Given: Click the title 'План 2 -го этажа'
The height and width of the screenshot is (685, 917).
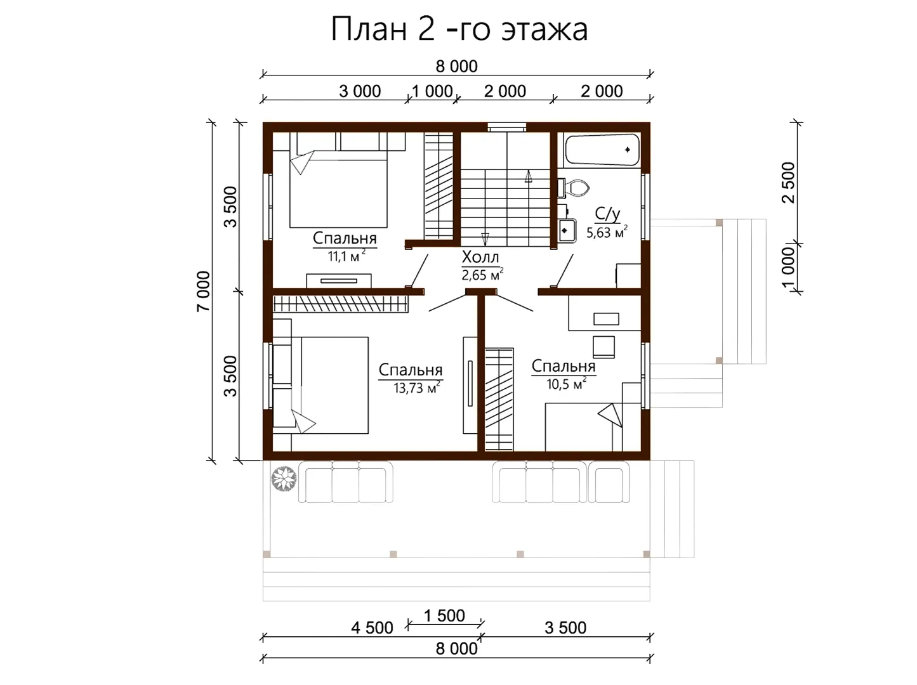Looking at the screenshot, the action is click(x=459, y=30).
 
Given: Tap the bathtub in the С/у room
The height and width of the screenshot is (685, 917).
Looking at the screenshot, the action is click(x=602, y=150).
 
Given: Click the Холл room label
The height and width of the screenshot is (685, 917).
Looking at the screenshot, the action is click(x=480, y=257).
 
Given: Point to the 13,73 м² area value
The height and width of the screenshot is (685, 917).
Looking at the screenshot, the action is click(x=416, y=388).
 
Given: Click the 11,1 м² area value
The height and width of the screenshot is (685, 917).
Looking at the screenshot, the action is click(x=346, y=256).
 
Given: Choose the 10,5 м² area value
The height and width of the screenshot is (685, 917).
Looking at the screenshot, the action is click(x=566, y=384).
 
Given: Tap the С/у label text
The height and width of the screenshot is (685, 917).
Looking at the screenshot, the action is click(x=607, y=214).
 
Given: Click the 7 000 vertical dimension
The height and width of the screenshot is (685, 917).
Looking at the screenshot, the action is click(x=204, y=291).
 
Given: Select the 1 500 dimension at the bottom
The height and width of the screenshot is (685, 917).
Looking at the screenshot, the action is click(x=444, y=616).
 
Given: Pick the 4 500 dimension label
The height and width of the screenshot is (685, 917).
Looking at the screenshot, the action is click(x=372, y=628).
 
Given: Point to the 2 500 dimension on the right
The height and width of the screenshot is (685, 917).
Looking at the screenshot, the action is click(x=788, y=183).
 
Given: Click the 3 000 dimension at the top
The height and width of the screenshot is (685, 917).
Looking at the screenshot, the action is click(x=360, y=91).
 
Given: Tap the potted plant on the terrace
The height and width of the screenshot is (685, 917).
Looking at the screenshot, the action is click(x=284, y=479).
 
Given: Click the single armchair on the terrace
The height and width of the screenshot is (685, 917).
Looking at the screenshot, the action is click(x=609, y=481).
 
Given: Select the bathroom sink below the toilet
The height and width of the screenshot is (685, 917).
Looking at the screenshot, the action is click(x=567, y=230).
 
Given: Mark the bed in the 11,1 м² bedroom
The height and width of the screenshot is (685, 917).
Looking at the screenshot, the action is click(x=338, y=189).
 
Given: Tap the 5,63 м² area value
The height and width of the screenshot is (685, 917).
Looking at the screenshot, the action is click(x=607, y=232).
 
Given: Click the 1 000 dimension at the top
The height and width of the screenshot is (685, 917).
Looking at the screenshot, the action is click(x=432, y=91).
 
